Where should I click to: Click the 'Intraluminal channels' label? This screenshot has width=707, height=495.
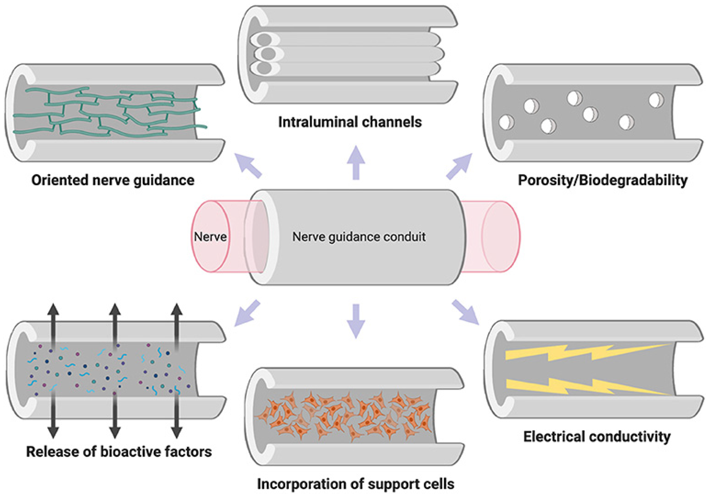click(350, 122)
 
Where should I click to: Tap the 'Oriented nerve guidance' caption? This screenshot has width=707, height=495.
click(113, 180)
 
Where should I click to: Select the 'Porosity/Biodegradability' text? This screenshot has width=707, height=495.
click(603, 180)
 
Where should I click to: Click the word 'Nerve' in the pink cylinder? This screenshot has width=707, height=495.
click(210, 237)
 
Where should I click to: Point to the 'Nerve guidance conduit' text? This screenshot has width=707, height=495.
click(359, 237)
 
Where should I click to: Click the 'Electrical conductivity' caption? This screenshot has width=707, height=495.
click(597, 437)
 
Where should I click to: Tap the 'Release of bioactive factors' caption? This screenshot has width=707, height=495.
click(119, 452)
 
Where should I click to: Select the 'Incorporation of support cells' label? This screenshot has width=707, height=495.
click(356, 484)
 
